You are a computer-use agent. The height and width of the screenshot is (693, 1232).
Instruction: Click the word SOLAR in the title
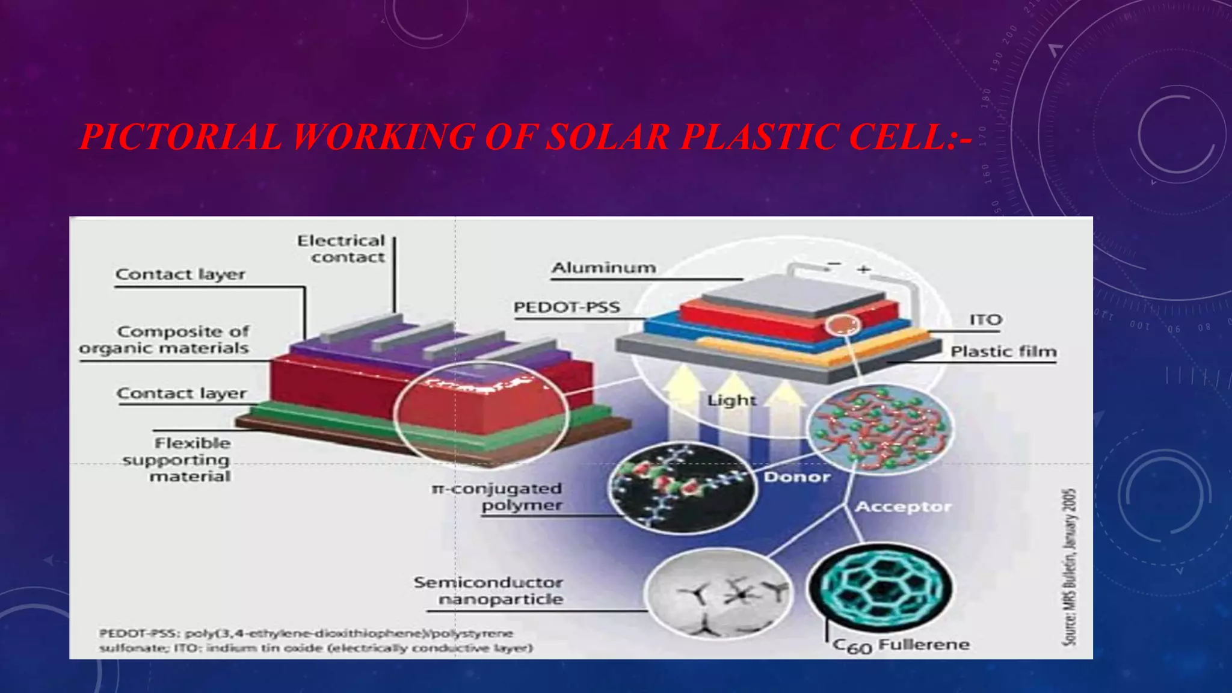tap(608, 137)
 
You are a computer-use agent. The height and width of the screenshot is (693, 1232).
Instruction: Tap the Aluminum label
tap(603, 268)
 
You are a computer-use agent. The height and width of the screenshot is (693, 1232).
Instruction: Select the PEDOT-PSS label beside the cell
tap(566, 307)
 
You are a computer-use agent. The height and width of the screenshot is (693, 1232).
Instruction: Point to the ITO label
tap(985, 320)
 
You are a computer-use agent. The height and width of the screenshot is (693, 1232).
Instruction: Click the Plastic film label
tap(1003, 351)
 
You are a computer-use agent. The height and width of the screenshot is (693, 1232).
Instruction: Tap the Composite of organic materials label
tap(164, 340)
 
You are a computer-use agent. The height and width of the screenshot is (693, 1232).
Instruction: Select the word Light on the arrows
tap(731, 400)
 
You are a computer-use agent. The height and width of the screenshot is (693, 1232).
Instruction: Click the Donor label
tap(797, 477)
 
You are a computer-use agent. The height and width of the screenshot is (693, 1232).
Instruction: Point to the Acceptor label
tap(903, 507)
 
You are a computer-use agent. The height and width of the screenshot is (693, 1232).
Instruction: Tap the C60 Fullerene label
tap(901, 645)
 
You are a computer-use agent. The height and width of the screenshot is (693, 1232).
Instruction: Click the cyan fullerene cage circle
tap(880, 587)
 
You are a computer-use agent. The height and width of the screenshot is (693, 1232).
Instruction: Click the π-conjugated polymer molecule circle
tap(682, 487)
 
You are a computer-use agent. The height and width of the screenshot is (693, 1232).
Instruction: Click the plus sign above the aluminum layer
tap(864, 269)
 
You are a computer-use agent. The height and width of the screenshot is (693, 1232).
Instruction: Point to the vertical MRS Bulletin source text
tap(1069, 567)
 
